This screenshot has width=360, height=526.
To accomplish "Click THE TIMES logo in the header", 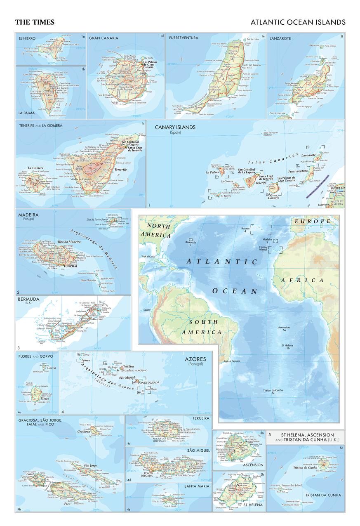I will (35, 22).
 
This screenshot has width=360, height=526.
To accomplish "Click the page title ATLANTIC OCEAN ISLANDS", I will (298, 22).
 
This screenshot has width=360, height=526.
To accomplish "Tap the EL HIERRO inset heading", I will (27, 38).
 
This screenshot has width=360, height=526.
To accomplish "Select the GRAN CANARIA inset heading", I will (104, 38).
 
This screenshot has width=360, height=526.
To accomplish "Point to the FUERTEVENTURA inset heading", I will (183, 38).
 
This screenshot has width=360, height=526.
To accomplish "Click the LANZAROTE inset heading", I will (280, 38).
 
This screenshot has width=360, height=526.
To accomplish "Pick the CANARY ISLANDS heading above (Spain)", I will (175, 127).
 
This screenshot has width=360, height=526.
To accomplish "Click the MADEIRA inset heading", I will (28, 215).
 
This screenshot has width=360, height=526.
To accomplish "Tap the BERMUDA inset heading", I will (28, 299).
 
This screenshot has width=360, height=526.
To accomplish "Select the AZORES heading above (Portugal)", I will (197, 359).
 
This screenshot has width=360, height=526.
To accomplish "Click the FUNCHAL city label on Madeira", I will (71, 266).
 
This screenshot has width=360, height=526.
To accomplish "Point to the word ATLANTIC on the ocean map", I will (222, 261).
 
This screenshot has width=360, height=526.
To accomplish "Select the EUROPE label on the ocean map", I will (312, 221).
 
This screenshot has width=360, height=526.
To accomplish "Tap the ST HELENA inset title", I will (253, 505).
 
